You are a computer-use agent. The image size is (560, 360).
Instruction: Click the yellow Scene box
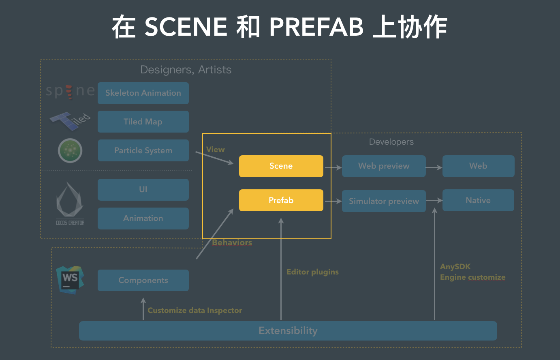tap(281, 166)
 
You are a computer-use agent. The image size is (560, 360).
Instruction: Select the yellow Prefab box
tap(281, 200)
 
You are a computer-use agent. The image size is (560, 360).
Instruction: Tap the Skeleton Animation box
tap(143, 93)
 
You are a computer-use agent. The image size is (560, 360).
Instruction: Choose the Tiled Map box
tap(143, 122)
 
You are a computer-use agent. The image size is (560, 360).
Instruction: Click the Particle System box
tap(143, 150)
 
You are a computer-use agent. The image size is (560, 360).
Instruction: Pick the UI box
tap(143, 190)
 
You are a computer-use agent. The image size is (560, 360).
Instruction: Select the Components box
tap(143, 280)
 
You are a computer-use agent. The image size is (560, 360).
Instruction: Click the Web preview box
tap(384, 166)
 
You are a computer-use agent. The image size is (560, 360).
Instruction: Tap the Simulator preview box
tap(384, 201)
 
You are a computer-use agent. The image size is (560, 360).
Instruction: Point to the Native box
tap(478, 200)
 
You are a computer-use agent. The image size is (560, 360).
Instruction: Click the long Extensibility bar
tap(288, 331)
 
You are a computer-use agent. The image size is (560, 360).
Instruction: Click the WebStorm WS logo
tap(70, 280)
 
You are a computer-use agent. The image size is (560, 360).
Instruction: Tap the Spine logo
tap(70, 91)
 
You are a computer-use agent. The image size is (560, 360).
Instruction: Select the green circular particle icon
tap(70, 150)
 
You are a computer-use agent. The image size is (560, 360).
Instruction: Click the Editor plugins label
tap(312, 272)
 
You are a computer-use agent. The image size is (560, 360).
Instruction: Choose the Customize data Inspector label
tap(195, 311)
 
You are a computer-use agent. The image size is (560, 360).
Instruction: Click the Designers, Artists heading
tap(186, 70)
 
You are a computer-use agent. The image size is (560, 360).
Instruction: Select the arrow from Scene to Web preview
tap(333, 167)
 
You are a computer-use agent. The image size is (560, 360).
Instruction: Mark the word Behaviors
tap(232, 242)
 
